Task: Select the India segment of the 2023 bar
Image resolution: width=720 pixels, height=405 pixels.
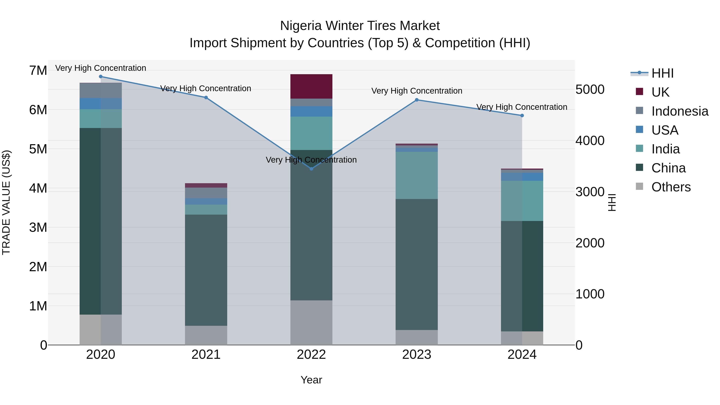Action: point(416,175)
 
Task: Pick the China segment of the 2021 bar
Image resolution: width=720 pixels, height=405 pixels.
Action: point(206,270)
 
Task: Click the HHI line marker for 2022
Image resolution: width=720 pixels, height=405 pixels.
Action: point(311,169)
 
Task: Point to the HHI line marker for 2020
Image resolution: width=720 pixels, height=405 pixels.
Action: point(101,77)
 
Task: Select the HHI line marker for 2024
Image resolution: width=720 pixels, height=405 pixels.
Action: point(522,115)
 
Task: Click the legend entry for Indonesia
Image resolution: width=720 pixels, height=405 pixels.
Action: point(679,111)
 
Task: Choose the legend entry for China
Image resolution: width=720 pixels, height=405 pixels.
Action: point(668,168)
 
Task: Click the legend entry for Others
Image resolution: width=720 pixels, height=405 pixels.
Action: point(671,187)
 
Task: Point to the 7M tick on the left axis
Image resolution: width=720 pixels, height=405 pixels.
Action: point(38,70)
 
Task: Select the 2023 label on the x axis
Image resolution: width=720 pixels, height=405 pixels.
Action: point(416,355)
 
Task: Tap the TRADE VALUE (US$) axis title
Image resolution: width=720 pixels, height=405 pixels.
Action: point(6,202)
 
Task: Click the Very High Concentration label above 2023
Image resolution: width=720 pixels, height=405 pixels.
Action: point(416,91)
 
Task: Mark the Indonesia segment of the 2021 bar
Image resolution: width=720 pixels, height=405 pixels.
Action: point(206,193)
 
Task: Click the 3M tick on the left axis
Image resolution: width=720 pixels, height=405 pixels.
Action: point(38,228)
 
